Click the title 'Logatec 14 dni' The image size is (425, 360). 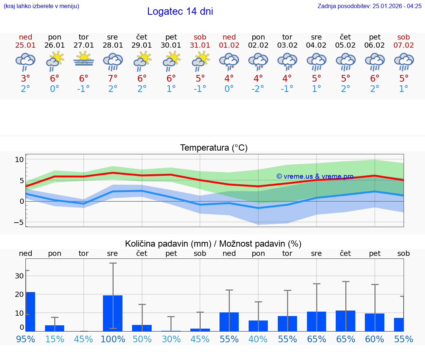[180, 11]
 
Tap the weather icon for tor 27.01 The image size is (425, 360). [84, 59]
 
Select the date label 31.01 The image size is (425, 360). [200, 45]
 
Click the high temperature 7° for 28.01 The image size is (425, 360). [113, 79]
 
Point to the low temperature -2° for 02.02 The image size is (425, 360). [258, 89]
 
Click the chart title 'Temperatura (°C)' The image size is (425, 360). [214, 148]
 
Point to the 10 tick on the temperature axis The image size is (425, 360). [19, 160]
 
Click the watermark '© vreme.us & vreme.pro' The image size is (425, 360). [315, 176]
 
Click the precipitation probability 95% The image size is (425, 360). [25, 339]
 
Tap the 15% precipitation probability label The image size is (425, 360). [55, 339]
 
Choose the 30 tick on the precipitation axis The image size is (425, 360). [19, 276]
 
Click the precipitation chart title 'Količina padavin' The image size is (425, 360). [213, 244]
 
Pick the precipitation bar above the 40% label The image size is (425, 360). [258, 326]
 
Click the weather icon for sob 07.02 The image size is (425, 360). [404, 61]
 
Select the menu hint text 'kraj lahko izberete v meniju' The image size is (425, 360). [41, 6]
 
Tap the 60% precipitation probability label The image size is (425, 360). [374, 339]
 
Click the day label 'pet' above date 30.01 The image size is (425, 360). [171, 37]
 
